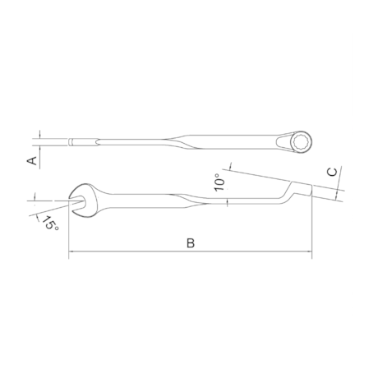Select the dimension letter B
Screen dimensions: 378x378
190,243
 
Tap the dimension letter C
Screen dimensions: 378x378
332,173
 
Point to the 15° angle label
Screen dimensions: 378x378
52,222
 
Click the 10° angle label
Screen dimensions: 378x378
218,182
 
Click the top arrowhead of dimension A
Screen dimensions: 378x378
38,136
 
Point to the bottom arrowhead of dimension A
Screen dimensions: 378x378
38,147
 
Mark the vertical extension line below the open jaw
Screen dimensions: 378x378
68,234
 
